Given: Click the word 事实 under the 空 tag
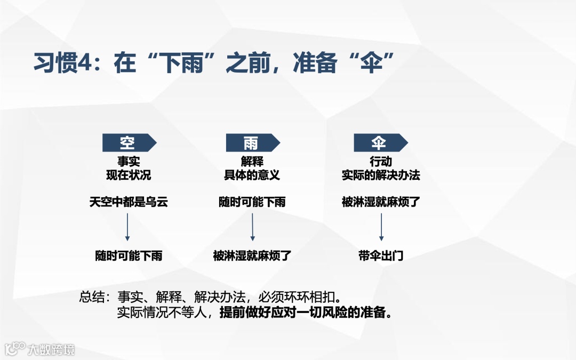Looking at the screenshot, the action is point(129,161).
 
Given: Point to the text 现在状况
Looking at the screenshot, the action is point(129,175).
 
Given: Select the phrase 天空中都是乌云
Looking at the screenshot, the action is point(129,202).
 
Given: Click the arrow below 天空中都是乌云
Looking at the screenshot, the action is point(128,228).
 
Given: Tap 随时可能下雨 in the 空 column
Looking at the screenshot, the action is point(129,256).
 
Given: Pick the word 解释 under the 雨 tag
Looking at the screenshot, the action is point(252,161).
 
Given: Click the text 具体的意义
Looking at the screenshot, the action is point(252,175).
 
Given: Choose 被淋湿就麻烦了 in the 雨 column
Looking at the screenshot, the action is point(252,256).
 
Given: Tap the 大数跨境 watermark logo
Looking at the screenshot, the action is point(40,349).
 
